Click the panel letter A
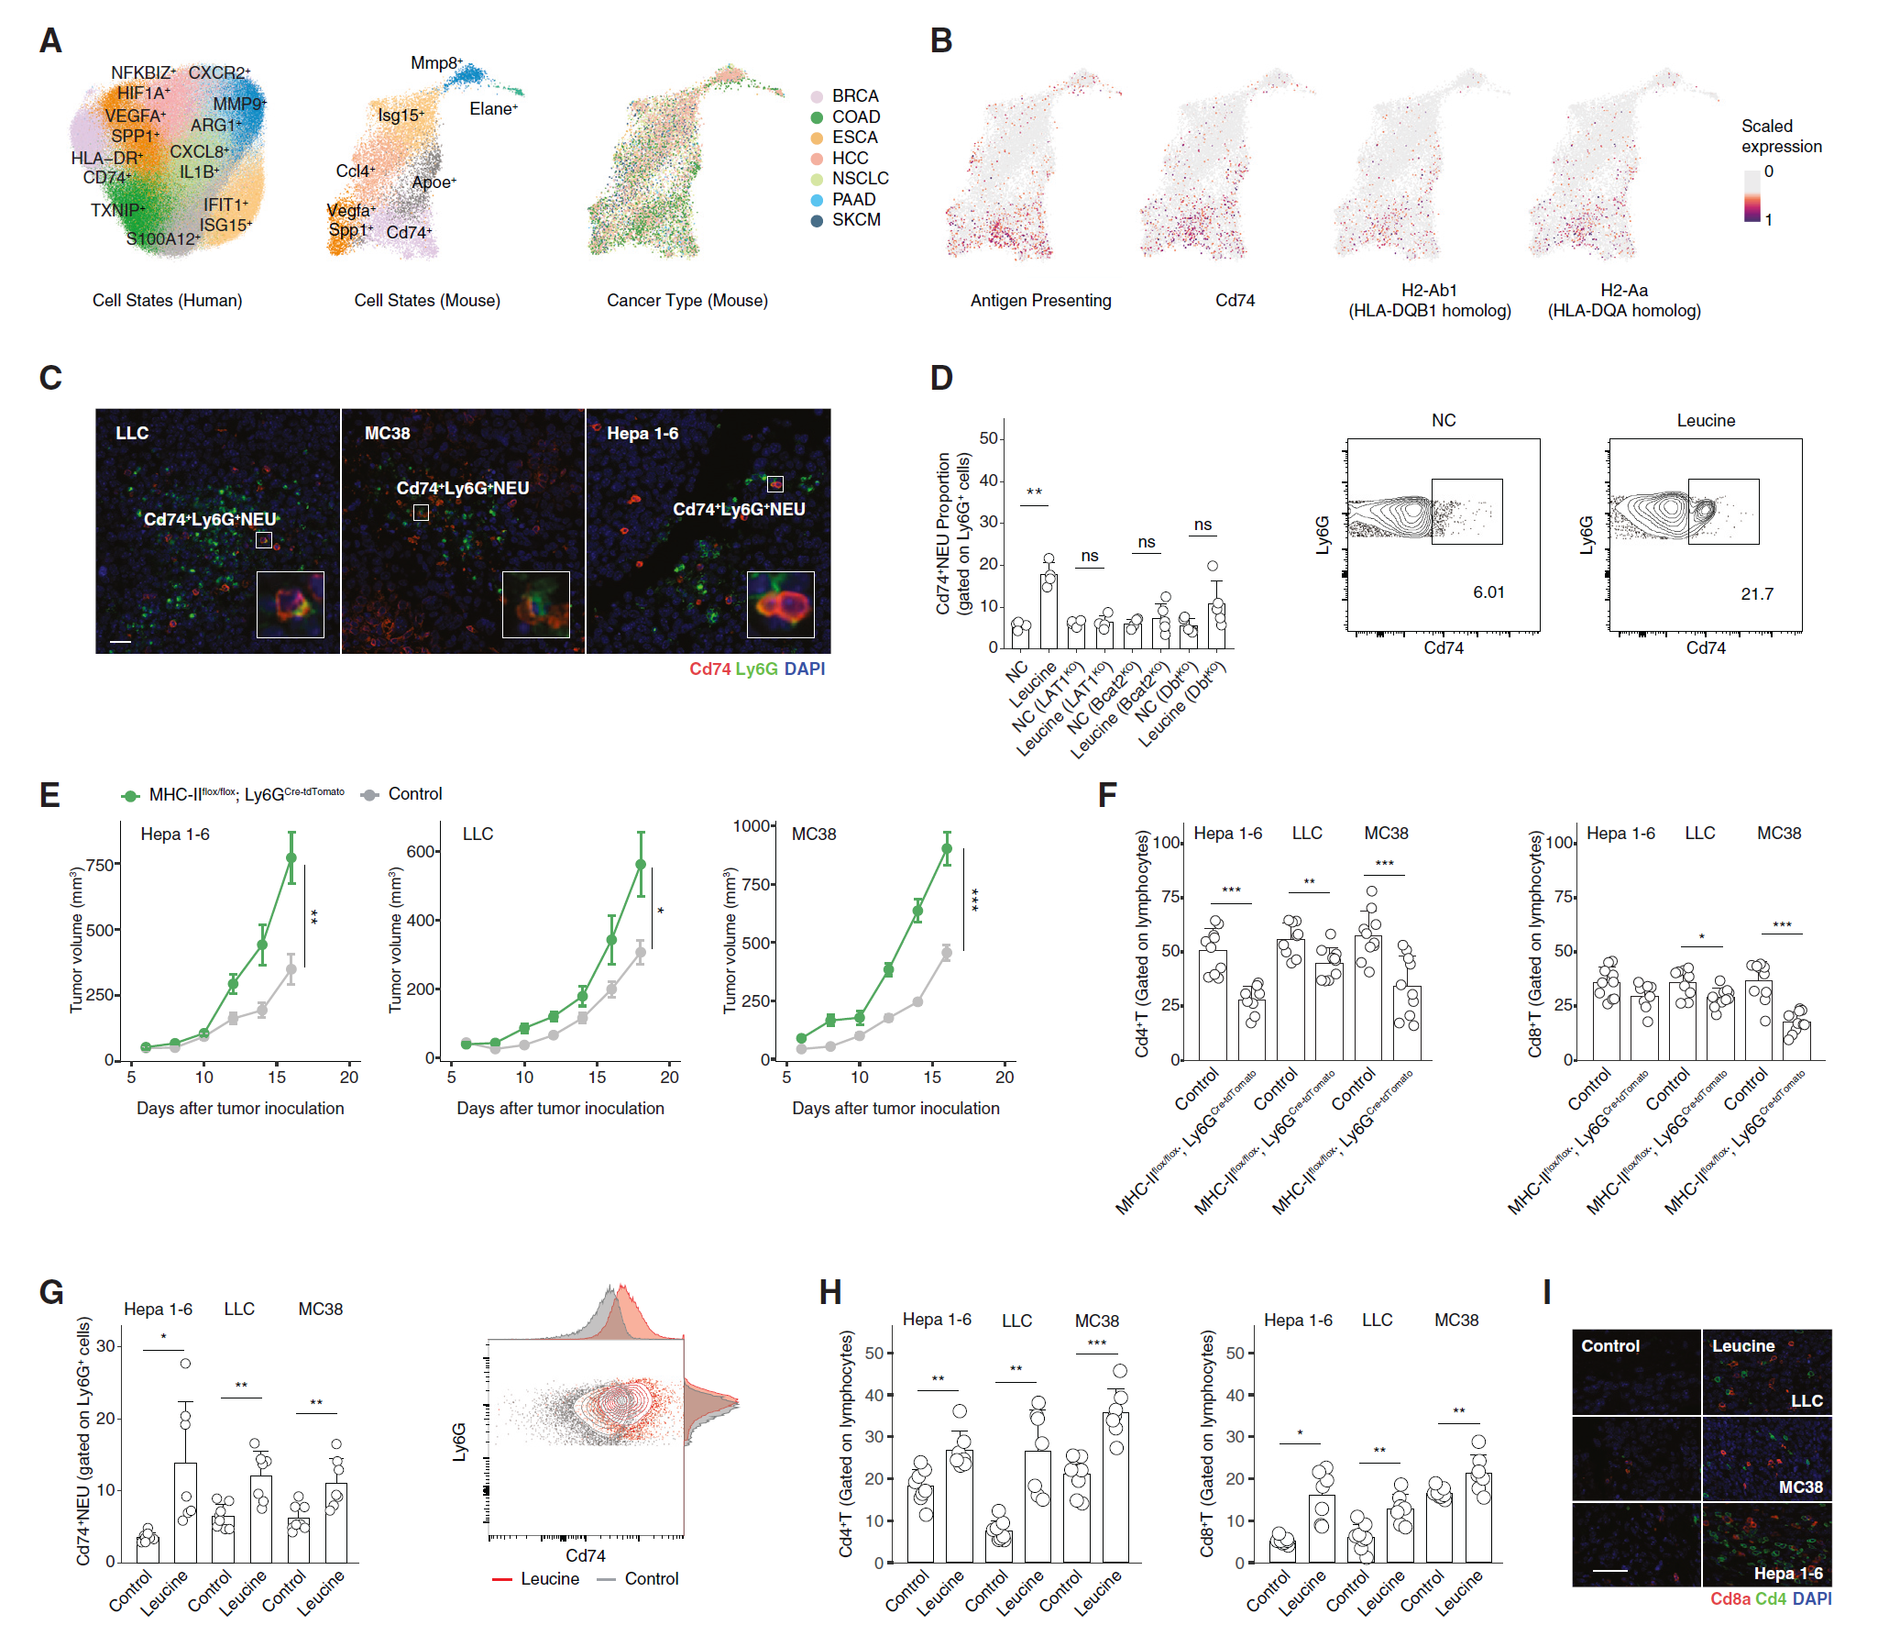(50, 41)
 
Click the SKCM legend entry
(855, 220)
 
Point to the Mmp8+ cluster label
(435, 63)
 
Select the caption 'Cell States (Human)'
(167, 301)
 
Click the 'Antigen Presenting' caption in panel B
(1040, 301)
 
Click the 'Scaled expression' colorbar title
(1781, 136)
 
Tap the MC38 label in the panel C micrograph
(387, 433)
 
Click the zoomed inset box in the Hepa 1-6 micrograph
(780, 603)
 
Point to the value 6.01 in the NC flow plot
(1488, 592)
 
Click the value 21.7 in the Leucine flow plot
(1756, 593)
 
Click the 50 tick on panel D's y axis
(989, 438)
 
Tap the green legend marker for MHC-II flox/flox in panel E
(130, 796)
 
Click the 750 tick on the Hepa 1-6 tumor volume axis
(100, 865)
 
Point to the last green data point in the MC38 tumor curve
(946, 849)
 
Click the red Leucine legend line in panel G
(501, 1579)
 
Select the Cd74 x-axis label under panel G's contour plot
(586, 1555)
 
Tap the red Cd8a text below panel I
(1730, 1599)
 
